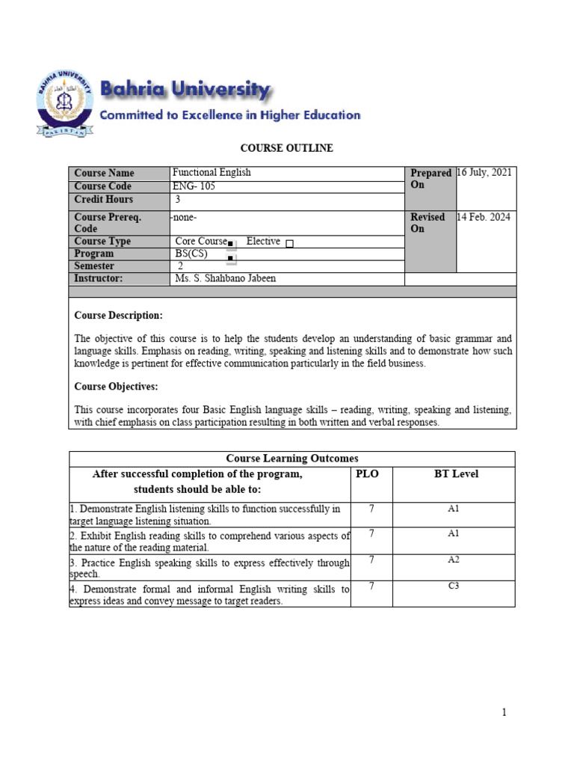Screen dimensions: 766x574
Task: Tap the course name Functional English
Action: click(212, 173)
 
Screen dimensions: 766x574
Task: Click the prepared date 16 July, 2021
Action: click(484, 173)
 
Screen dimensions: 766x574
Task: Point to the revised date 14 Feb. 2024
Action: click(484, 217)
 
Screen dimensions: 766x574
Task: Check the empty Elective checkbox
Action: click(290, 243)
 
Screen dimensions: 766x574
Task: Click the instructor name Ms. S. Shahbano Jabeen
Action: click(225, 279)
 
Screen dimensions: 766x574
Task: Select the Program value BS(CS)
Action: click(191, 254)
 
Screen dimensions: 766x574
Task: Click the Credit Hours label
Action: click(103, 200)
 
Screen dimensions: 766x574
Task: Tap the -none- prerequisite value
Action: click(185, 217)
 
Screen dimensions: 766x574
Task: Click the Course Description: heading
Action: click(118, 316)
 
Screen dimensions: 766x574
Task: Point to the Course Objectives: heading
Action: click(116, 387)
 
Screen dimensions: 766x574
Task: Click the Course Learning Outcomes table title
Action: click(291, 459)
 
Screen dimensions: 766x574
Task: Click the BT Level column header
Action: click(456, 474)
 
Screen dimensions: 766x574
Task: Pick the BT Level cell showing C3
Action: click(453, 586)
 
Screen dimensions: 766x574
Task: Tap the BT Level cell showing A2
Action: click(453, 560)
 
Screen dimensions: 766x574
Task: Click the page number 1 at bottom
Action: click(504, 713)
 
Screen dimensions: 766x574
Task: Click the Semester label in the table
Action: click(94, 266)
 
